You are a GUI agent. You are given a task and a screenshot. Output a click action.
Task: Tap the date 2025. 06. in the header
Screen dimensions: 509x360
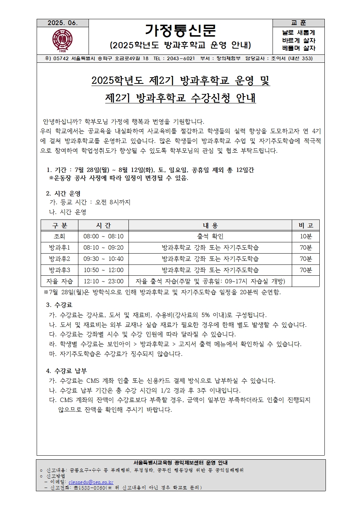pos(62,23)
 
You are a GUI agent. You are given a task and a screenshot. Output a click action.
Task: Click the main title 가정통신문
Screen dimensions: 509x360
pos(180,30)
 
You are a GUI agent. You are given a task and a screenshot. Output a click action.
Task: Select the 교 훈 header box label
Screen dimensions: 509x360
pos(298,23)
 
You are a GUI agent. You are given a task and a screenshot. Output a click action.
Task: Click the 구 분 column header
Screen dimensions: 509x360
pos(60,225)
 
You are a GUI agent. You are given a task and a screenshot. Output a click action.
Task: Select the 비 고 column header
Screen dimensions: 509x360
pos(306,225)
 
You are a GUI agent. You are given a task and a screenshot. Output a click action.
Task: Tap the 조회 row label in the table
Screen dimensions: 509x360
pos(60,237)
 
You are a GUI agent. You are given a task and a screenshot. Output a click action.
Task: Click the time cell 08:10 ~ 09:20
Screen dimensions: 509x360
pos(103,248)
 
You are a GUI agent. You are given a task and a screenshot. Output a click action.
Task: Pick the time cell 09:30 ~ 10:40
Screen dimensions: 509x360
pos(103,259)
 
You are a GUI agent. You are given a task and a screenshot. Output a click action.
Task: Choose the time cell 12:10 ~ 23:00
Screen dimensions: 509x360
pos(103,281)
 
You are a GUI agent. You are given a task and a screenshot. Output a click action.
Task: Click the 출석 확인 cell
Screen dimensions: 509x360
pos(210,237)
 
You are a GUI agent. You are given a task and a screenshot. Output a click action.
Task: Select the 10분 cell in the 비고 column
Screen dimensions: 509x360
pos(306,237)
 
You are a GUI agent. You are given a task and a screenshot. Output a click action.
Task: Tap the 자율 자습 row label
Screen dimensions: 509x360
pos(60,281)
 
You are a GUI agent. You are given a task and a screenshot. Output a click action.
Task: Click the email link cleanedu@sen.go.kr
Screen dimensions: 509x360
pos(91,482)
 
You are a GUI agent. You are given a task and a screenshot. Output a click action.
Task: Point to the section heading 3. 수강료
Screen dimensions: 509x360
pos(59,305)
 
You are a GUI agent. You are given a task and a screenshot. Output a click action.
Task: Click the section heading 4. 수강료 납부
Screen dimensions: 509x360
pos(66,371)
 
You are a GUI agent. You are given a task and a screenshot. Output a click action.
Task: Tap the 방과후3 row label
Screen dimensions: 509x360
pos(60,270)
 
